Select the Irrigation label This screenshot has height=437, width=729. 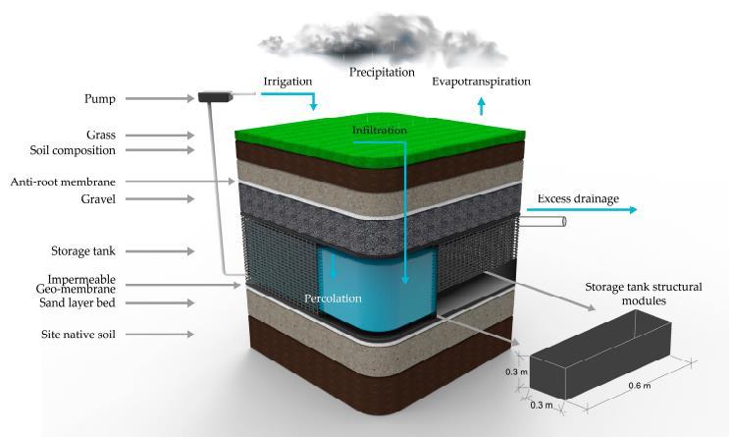coord(286,81)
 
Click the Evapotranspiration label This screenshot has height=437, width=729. coord(481,81)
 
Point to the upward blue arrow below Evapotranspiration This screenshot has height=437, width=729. coord(481,105)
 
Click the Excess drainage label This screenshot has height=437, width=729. coord(578,199)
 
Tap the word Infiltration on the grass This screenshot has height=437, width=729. coord(380,130)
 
